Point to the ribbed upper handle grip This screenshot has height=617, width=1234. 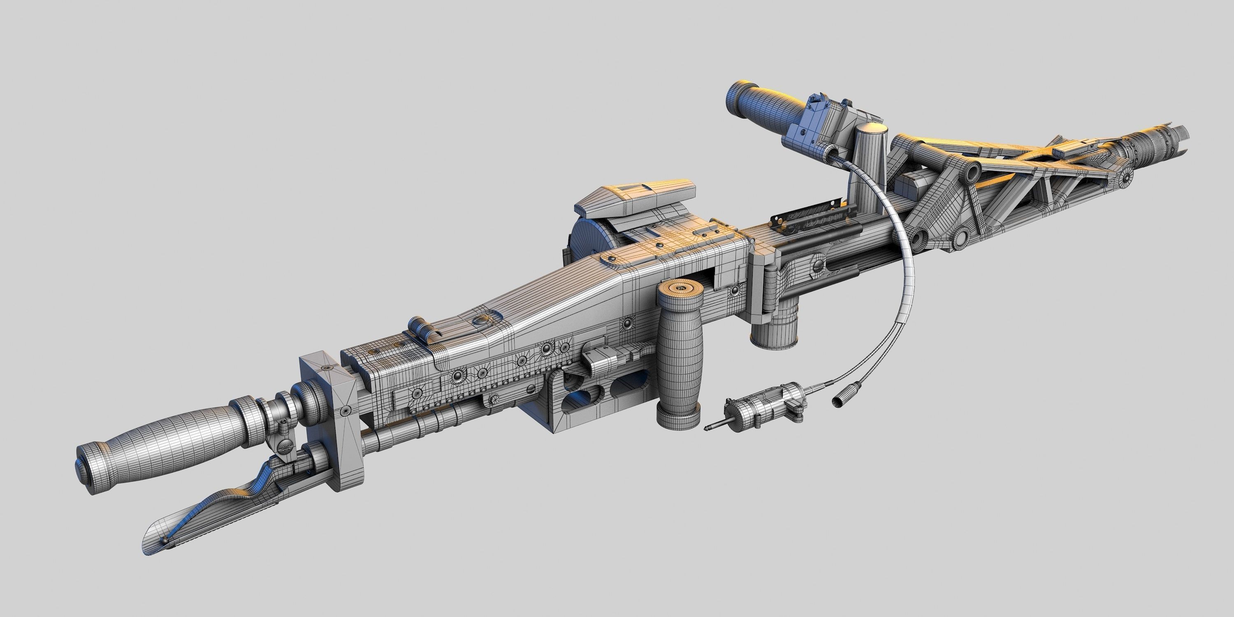pos(766,108)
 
